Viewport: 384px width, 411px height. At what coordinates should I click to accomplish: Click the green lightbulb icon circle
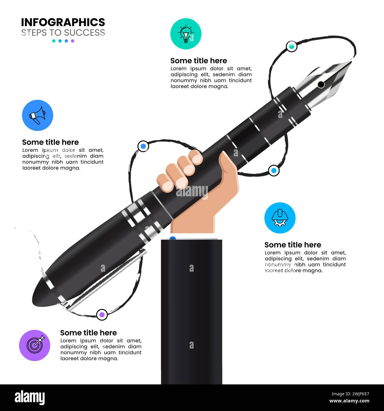pos(186,33)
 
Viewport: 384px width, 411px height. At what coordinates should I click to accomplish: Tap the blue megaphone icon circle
pos(38,115)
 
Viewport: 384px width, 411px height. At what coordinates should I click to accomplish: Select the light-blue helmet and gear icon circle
pos(280,218)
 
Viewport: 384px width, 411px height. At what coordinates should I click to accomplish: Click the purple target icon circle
pos(35,345)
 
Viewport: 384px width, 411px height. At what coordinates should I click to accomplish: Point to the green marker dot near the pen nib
pos(292,46)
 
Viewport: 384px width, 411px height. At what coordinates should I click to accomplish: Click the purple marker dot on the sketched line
pos(102,314)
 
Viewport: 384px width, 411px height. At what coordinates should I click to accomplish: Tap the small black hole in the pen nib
pos(321,85)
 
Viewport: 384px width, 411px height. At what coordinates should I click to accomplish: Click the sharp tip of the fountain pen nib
pos(351,62)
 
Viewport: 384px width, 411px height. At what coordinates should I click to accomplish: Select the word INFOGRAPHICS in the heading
pos(63,22)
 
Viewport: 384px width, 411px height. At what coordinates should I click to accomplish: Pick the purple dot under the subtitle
pos(73,41)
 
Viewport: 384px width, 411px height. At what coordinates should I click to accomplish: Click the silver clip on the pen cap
pos(106,279)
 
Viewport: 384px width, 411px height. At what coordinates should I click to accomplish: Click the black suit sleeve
pos(191,310)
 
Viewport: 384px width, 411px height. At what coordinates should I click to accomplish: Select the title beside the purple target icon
pos(88,333)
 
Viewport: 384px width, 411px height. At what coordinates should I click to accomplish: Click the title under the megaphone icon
pos(50,142)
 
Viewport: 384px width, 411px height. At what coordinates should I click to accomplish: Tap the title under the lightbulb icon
pos(198,61)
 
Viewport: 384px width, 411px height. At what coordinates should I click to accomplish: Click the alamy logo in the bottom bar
pos(30,398)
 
